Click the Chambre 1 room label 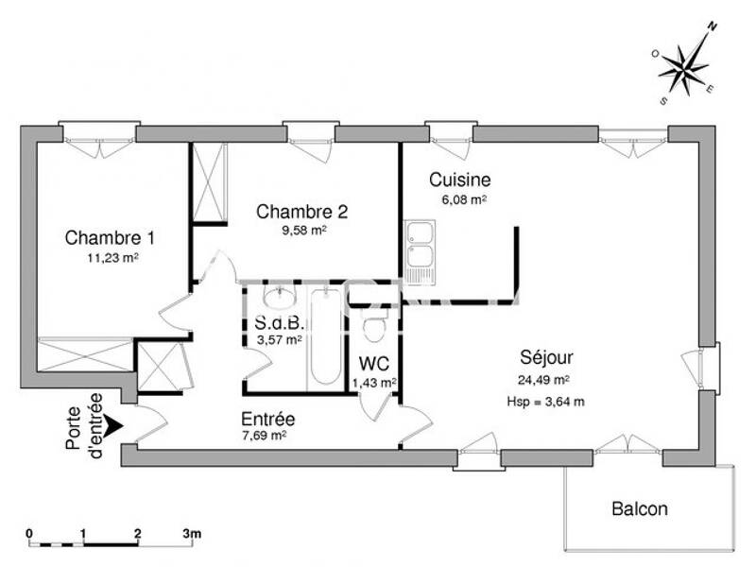tap(110, 237)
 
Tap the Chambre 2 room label tap(302, 211)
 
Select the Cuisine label tap(459, 180)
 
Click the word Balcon tap(639, 509)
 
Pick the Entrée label tap(267, 419)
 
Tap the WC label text tap(373, 364)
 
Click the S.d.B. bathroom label tap(272, 322)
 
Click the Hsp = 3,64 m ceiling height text tap(547, 401)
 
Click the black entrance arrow tap(112, 426)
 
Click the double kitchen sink tap(420, 251)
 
